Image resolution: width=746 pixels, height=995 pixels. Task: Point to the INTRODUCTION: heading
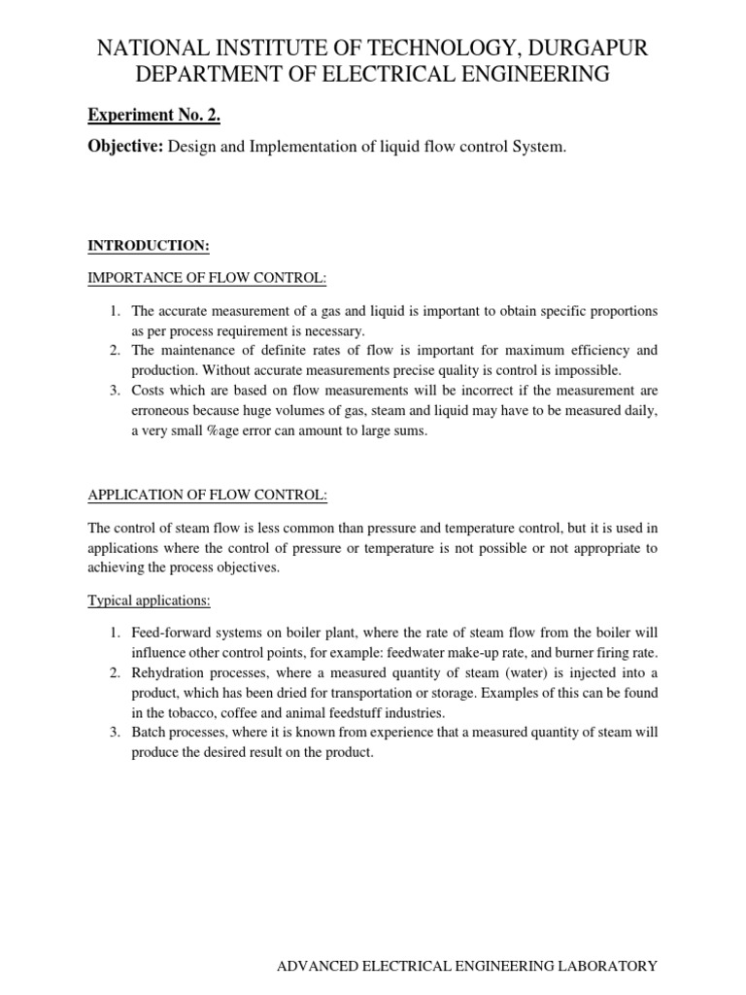point(149,247)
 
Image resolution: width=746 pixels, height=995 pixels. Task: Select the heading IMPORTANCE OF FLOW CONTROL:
point(207,279)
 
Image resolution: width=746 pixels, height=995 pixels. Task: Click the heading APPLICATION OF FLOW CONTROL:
point(208,495)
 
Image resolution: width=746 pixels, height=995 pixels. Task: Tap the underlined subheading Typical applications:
point(149,600)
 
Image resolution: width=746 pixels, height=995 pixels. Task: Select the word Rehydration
point(171,673)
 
